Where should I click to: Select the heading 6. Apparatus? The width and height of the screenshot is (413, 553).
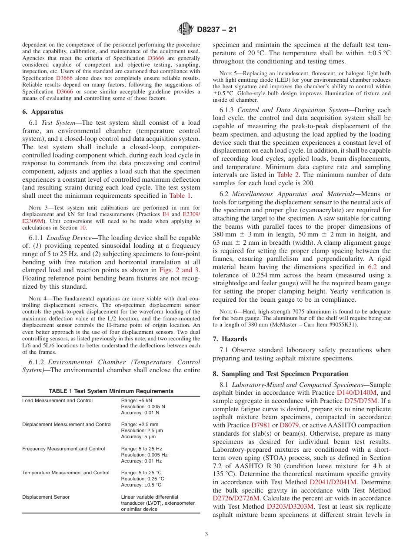42,112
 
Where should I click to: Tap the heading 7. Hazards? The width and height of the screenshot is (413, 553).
230,339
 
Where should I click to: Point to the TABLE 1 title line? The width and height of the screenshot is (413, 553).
111,391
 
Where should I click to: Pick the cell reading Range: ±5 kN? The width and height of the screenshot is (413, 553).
137,400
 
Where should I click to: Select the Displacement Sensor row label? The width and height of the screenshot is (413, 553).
46,497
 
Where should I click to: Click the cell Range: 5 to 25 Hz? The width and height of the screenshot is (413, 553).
141,449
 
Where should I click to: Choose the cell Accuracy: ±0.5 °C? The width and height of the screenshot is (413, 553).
141,485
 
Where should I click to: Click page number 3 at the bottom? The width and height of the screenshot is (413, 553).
206,534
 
